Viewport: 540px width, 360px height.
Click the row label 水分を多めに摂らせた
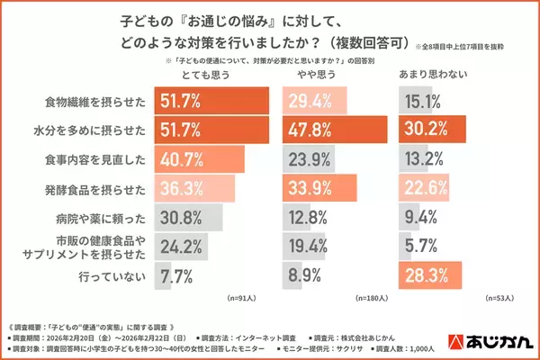click(97, 131)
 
